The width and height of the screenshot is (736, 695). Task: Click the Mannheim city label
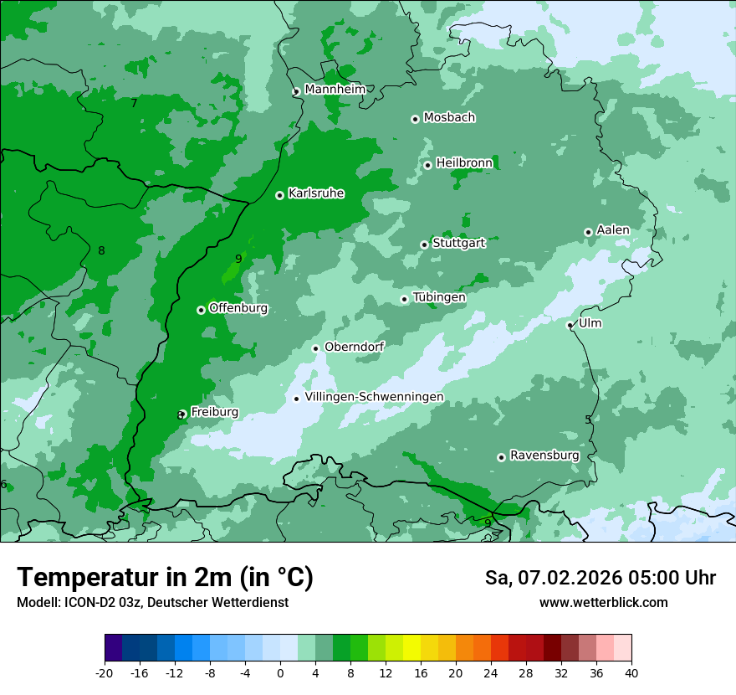coord(335,90)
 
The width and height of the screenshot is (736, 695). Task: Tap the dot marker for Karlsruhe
coord(279,195)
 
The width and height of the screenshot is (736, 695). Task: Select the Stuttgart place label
coord(458,243)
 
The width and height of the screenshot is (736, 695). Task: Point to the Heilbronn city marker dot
coord(427,165)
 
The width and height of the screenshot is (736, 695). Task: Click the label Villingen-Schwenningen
coord(374,397)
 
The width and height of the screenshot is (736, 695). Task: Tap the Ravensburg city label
coord(544,456)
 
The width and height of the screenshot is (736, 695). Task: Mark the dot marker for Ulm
coord(570,325)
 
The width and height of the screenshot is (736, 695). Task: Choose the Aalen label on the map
coord(612,230)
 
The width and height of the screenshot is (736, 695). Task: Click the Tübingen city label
coord(438,297)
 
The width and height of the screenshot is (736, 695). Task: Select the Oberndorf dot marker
coord(315,348)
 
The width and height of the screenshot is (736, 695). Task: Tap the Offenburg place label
coord(238,308)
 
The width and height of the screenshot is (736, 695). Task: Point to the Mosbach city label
coord(448,118)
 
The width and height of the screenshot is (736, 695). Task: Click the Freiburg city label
coord(214,412)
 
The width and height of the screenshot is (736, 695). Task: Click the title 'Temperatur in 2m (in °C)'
coord(165,578)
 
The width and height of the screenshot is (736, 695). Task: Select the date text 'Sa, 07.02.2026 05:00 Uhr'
coord(600,578)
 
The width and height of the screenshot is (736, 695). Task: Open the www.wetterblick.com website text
coord(603,603)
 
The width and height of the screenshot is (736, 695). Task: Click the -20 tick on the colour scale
coord(105,672)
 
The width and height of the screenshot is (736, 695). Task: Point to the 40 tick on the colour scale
coord(631,672)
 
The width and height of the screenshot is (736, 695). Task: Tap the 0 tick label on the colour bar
coord(280,672)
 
